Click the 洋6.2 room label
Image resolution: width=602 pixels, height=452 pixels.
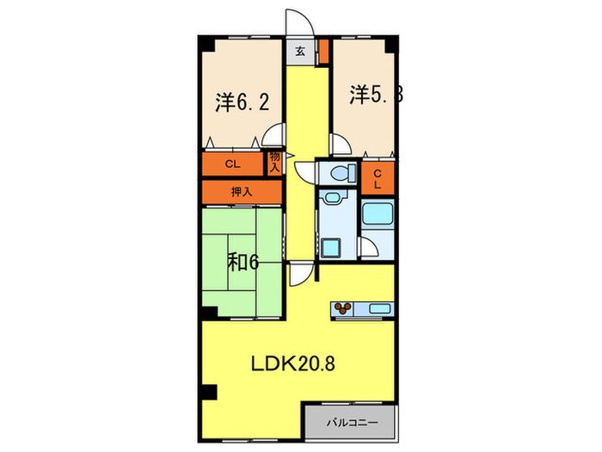[243, 102]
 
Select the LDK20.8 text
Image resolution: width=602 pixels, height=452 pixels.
[292, 362]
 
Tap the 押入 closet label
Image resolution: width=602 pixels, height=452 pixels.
[242, 191]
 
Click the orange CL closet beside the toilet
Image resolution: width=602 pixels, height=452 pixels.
[377, 179]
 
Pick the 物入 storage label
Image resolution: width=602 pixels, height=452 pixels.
[274, 162]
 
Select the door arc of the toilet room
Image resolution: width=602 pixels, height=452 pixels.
[306, 170]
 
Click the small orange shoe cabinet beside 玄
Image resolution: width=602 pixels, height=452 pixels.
[323, 51]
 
